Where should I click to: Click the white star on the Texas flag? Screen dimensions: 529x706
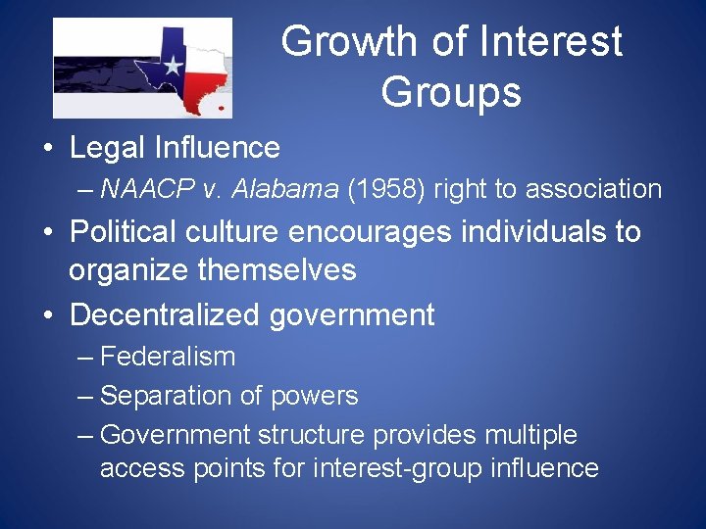pos(173,67)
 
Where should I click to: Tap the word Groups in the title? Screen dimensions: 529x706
pos(450,92)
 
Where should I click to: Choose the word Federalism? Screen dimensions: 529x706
pos(168,357)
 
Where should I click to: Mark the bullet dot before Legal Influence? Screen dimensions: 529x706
pos(47,149)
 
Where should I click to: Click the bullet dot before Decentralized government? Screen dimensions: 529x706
pos(47,315)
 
